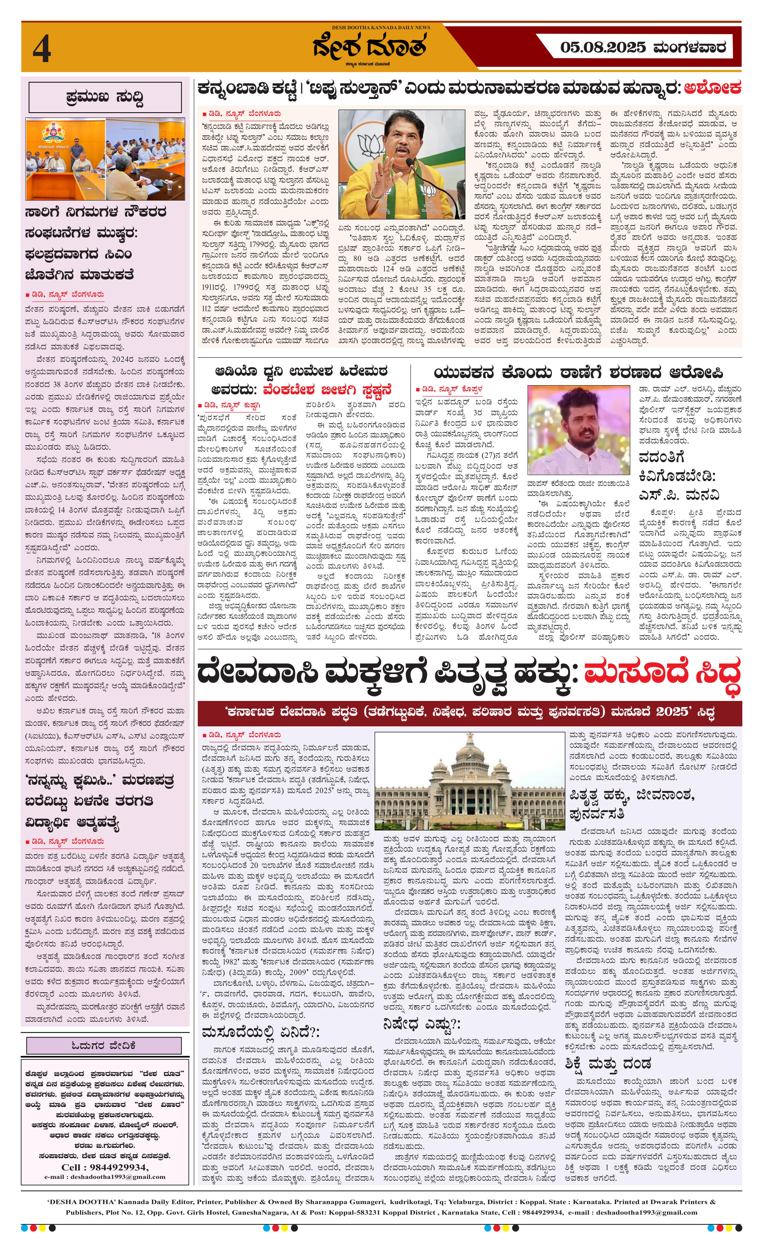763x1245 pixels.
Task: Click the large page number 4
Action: [x=41, y=50]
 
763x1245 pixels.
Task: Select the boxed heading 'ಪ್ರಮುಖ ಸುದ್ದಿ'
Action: [x=105, y=96]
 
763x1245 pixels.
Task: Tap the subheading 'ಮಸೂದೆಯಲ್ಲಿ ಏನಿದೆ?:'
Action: [x=260, y=1017]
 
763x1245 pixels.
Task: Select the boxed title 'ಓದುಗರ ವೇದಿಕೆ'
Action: [x=104, y=1045]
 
